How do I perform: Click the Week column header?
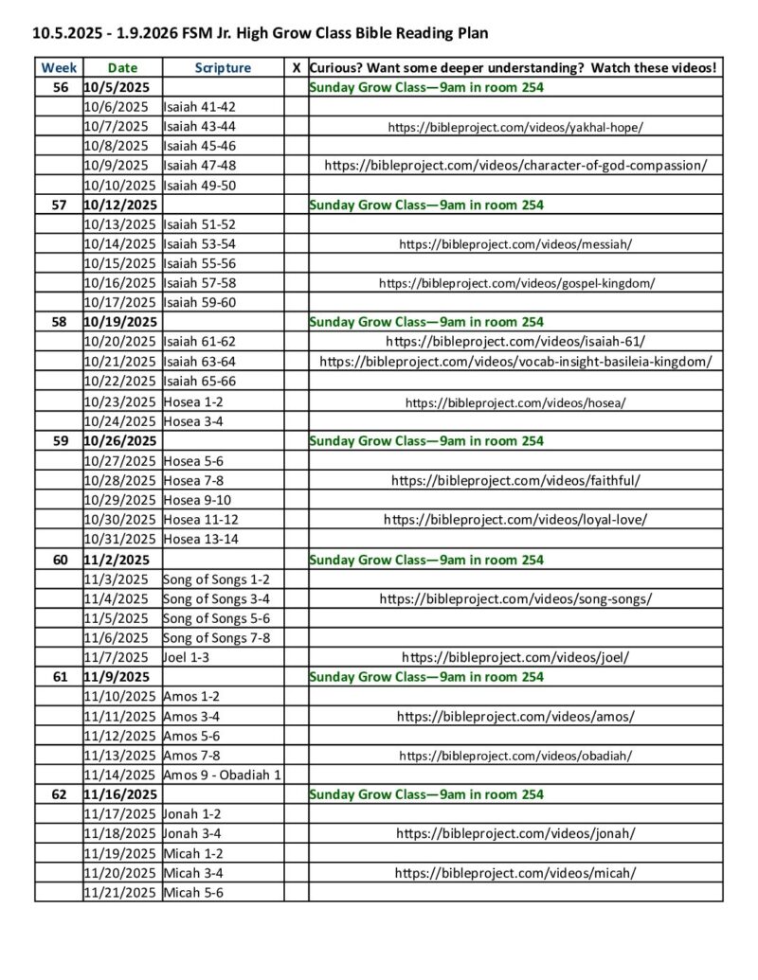(59, 68)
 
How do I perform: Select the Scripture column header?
(223, 68)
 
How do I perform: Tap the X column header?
(297, 68)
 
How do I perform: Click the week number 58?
(59, 322)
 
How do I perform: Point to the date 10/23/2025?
(121, 401)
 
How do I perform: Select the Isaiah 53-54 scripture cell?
(200, 244)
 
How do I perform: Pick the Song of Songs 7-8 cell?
(216, 638)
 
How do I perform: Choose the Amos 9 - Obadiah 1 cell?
(223, 775)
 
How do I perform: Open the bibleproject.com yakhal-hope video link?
(515, 126)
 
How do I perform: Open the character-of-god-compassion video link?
(515, 165)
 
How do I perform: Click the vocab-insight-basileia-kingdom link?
(515, 362)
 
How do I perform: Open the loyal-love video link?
(515, 520)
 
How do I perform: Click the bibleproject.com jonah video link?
(515, 834)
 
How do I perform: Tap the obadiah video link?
(515, 756)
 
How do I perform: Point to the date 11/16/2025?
(120, 794)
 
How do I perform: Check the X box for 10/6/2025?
(297, 107)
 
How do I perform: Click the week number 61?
(59, 677)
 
